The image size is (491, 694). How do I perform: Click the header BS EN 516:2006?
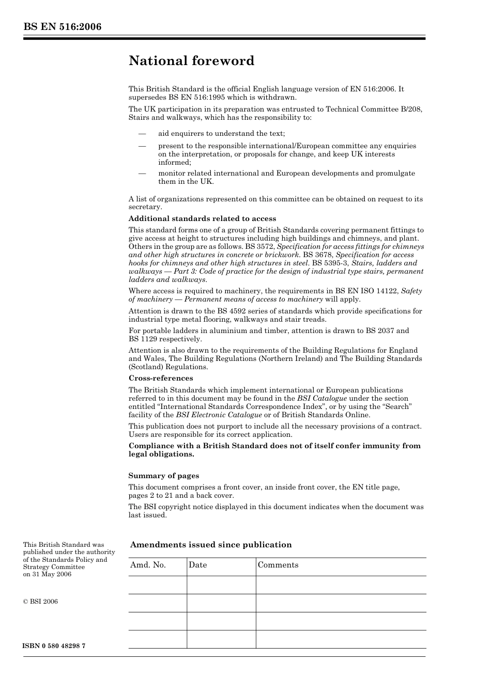62,27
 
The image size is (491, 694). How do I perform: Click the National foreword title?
191,61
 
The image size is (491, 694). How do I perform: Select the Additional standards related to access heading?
202,218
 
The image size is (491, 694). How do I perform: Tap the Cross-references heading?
161,378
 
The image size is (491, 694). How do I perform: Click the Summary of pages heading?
163,476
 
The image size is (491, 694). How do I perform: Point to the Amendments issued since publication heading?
211,545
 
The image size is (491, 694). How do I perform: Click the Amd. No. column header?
148,565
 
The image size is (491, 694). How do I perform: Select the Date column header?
197,565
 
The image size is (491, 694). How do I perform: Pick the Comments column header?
278,565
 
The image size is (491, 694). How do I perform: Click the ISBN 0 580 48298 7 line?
54,646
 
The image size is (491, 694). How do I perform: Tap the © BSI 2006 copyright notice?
41,601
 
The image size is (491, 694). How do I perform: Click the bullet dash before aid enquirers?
142,133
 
